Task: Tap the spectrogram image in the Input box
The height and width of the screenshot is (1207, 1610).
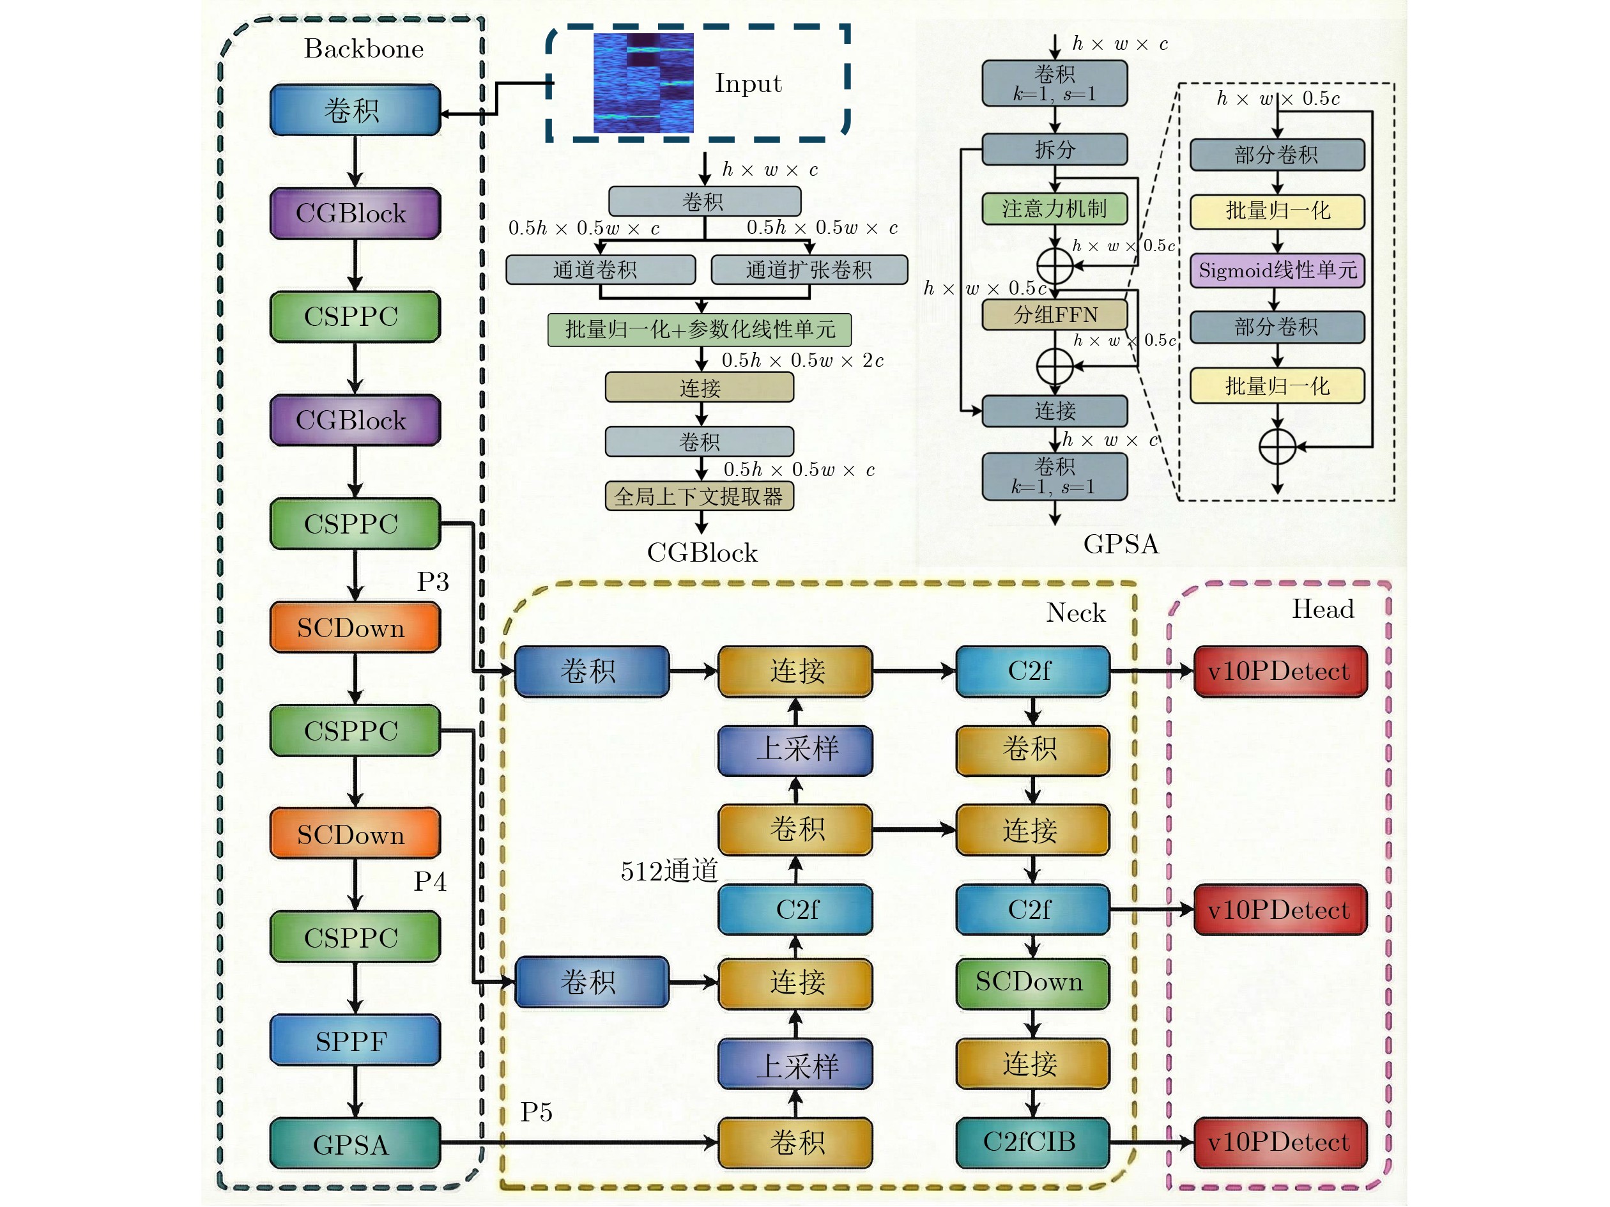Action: click(x=643, y=83)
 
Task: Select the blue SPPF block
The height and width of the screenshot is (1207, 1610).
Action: click(x=355, y=1040)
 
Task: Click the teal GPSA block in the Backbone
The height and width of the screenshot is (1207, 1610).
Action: click(x=355, y=1144)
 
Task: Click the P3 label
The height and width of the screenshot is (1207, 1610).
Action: click(x=433, y=581)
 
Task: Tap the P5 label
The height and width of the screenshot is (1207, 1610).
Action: click(x=537, y=1112)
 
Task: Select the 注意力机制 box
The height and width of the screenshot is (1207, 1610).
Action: click(x=1055, y=209)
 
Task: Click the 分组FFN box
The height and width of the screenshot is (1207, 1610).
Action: click(x=1055, y=314)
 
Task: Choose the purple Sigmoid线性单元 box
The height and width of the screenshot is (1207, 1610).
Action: click(x=1277, y=270)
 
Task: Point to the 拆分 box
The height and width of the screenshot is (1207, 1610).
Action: click(x=1055, y=150)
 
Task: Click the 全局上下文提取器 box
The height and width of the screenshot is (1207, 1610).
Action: click(x=700, y=496)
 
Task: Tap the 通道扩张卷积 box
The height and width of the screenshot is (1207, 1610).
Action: click(x=809, y=270)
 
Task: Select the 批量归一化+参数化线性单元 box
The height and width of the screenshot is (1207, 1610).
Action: click(x=700, y=330)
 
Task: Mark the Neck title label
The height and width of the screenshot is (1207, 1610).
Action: click(x=1076, y=613)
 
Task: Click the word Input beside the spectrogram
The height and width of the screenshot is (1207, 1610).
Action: click(x=748, y=84)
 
